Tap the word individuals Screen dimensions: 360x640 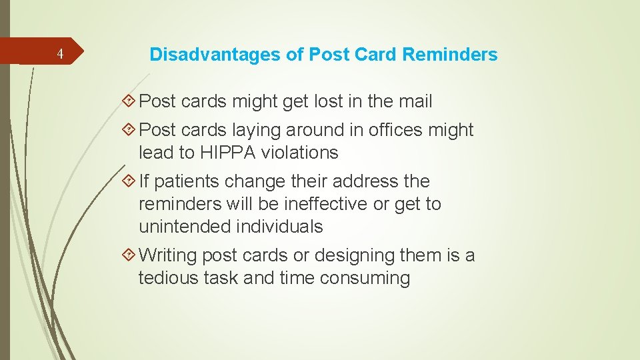coord(279,227)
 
